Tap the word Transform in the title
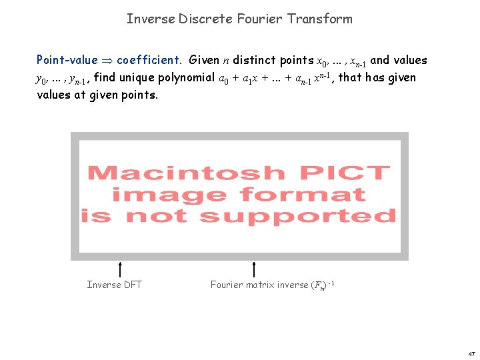[x=319, y=19]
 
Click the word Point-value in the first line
[x=67, y=60]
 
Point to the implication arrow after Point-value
[x=107, y=61]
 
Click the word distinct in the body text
[x=250, y=60]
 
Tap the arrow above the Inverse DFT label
[x=119, y=269]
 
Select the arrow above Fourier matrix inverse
[x=254, y=269]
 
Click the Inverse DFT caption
[x=114, y=285]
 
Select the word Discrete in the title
[x=206, y=19]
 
